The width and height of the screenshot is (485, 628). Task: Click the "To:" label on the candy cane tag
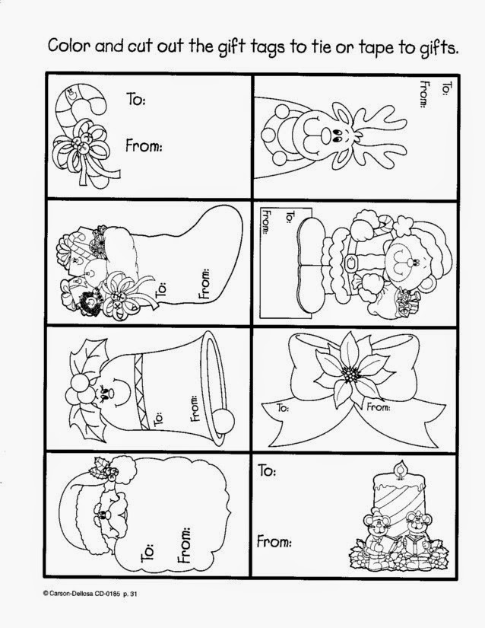point(136,98)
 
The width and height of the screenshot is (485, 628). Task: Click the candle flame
point(398,468)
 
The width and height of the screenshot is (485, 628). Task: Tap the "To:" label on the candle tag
point(267,470)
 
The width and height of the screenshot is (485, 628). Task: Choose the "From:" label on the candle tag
point(274,541)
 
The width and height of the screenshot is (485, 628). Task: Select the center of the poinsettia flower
point(351,375)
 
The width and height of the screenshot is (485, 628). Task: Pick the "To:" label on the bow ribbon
point(283,408)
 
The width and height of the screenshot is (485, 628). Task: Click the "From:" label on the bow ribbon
point(379,407)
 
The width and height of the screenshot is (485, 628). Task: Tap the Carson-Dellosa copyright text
point(90,595)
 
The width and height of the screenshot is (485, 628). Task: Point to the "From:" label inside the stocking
point(204,285)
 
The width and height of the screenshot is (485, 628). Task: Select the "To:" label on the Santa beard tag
point(148,553)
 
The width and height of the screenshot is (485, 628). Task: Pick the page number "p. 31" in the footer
point(130,595)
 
